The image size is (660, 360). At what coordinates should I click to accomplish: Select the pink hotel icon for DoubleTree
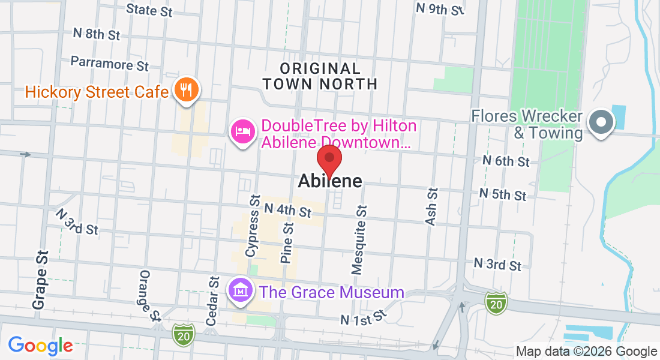[x=242, y=130]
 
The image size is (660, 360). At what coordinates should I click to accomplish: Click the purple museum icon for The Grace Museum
[x=241, y=291]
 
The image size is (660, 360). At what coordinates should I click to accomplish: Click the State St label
[x=149, y=10]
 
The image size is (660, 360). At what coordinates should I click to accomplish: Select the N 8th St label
[x=96, y=33]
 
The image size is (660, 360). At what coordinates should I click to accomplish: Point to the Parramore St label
[x=109, y=62]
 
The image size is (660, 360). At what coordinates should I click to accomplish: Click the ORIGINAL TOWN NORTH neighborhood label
[x=320, y=76]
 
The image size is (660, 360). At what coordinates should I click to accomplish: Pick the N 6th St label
[x=506, y=161]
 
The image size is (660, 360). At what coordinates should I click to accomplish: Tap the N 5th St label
[x=503, y=194]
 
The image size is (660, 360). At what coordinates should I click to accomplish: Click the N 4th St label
[x=288, y=211]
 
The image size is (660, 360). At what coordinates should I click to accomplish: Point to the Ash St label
[x=431, y=206]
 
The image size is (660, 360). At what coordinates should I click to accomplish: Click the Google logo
[x=40, y=346]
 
